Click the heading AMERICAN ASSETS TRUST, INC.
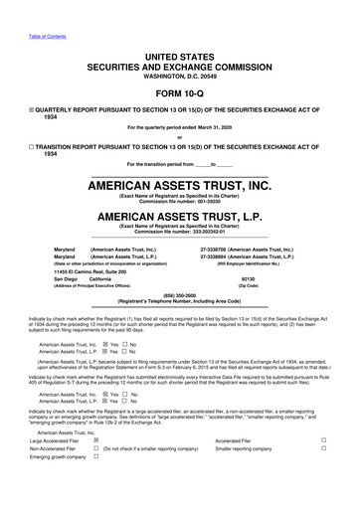click(179, 186)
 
